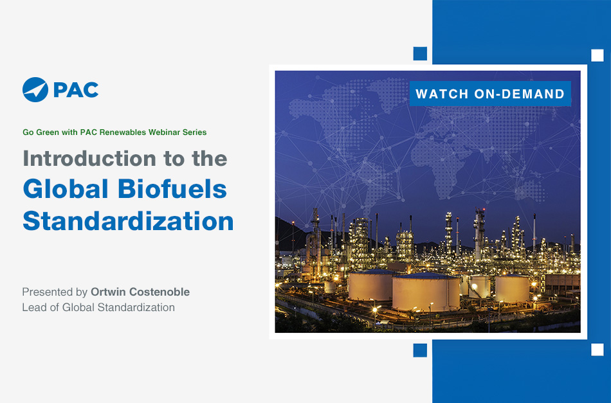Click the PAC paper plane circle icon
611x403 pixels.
[35, 89]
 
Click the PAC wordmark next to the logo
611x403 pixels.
[76, 90]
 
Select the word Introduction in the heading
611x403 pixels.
[89, 159]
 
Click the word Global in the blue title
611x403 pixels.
[66, 189]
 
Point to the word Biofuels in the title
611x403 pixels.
[172, 189]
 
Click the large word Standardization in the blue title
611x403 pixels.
[128, 221]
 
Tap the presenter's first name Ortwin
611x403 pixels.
[108, 292]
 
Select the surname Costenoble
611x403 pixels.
[160, 292]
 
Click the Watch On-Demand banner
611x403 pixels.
[490, 94]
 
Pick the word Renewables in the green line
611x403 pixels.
[122, 132]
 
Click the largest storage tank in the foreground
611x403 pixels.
[426, 291]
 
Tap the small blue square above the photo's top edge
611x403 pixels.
[420, 53]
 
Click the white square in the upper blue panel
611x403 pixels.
[597, 55]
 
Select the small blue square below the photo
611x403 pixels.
[420, 350]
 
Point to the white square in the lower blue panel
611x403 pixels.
[597, 350]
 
